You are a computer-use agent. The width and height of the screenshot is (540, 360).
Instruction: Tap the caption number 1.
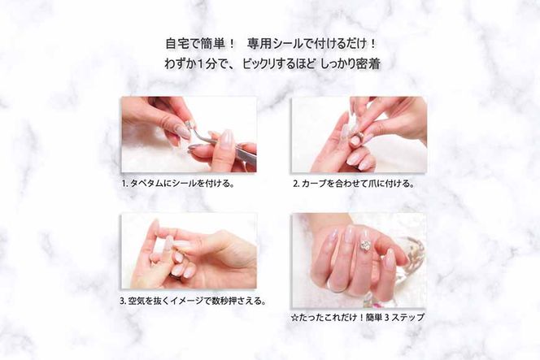(x=124, y=184)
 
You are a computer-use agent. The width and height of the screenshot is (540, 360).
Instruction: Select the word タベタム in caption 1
(x=146, y=184)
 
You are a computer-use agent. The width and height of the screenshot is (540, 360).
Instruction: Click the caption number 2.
(x=296, y=184)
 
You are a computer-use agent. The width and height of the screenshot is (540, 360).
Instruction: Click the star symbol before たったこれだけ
(x=296, y=317)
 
